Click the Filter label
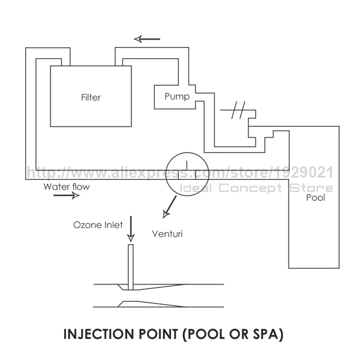(x=91, y=97)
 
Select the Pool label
(x=316, y=197)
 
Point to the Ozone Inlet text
(x=98, y=225)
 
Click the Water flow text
(x=66, y=187)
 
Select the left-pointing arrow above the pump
(x=147, y=40)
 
